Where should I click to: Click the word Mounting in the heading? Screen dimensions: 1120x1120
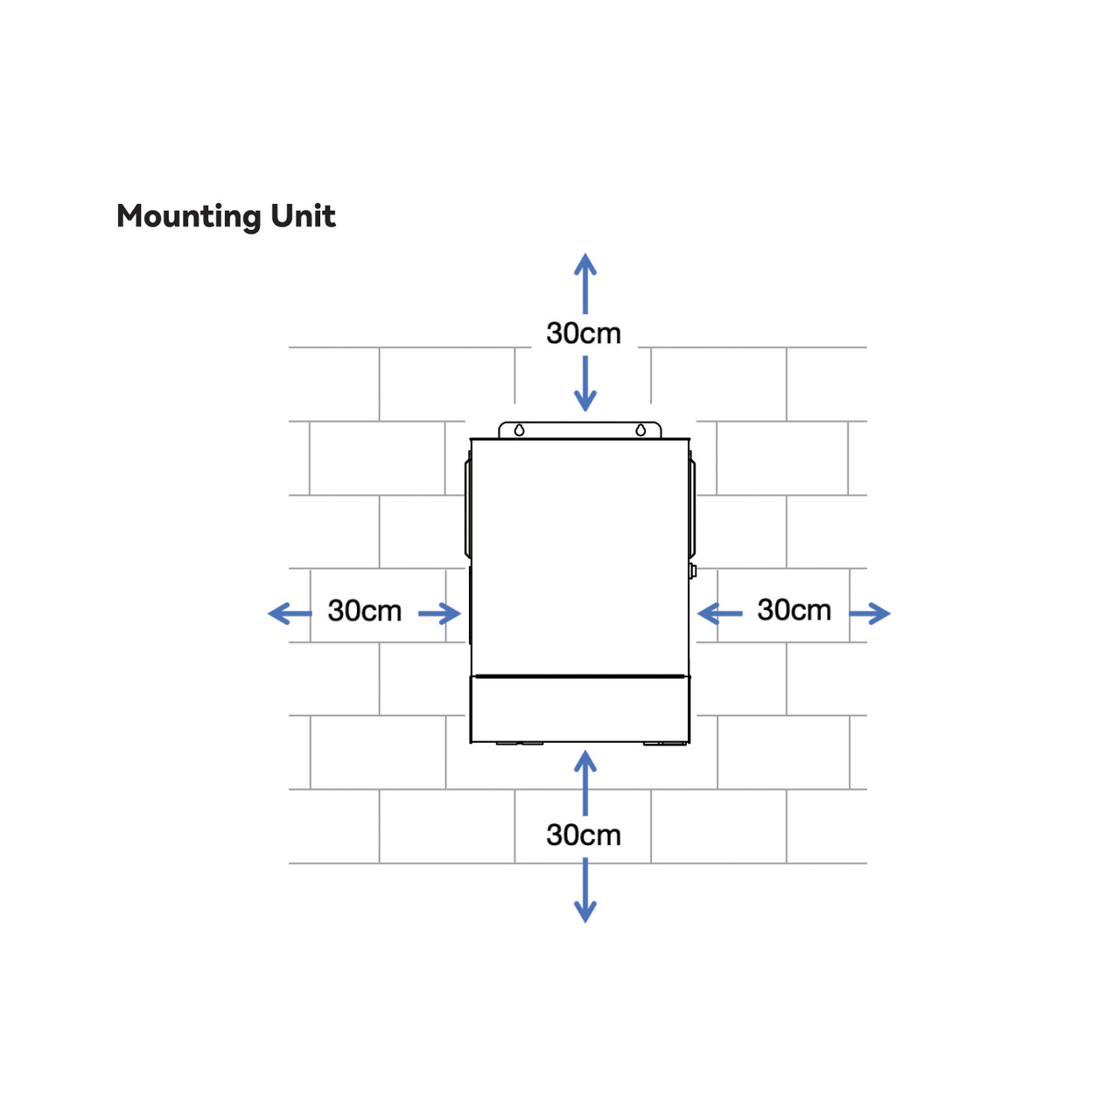(189, 217)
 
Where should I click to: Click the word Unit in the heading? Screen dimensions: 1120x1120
(303, 216)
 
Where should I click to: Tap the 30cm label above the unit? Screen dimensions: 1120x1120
(584, 333)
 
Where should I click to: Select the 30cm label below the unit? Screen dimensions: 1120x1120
(584, 836)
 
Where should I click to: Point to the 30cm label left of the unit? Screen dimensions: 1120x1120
(364, 611)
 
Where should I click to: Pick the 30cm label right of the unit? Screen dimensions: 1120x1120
(794, 610)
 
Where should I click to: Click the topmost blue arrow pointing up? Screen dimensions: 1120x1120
(585, 283)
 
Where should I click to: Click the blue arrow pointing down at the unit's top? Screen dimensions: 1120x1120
(585, 383)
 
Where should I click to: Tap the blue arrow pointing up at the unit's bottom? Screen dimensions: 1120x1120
(585, 783)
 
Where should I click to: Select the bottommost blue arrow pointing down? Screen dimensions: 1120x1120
(585, 891)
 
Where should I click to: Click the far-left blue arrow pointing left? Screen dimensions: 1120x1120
(290, 613)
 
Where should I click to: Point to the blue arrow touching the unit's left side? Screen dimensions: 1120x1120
(440, 613)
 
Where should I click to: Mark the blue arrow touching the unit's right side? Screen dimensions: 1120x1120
(719, 613)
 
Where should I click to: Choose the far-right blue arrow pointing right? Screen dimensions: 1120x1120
(870, 613)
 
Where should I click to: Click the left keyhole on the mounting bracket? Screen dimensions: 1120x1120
(519, 430)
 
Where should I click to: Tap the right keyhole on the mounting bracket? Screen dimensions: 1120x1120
(640, 430)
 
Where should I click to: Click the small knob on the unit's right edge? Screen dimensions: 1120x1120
(692, 570)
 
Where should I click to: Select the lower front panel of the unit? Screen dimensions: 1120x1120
(579, 709)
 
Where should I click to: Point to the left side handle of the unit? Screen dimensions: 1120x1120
(467, 509)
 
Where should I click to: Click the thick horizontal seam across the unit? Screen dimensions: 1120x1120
(579, 676)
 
